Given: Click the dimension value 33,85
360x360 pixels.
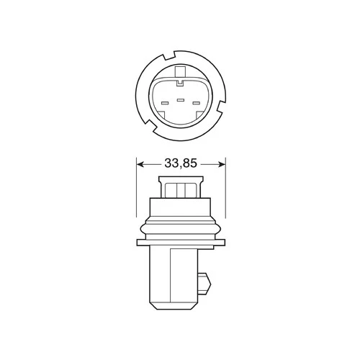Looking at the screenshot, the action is [x=181, y=163].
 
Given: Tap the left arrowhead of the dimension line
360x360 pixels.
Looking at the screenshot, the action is [x=140, y=164].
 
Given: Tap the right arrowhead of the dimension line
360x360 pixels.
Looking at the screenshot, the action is [x=222, y=164].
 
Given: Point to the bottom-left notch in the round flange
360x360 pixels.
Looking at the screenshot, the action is [x=150, y=126].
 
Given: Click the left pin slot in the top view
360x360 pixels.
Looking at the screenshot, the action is [x=165, y=103].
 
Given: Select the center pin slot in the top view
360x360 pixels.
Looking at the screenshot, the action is [x=181, y=100].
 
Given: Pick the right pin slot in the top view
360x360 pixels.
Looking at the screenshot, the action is [x=196, y=103].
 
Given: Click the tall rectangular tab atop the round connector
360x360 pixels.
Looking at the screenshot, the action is [x=181, y=72].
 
